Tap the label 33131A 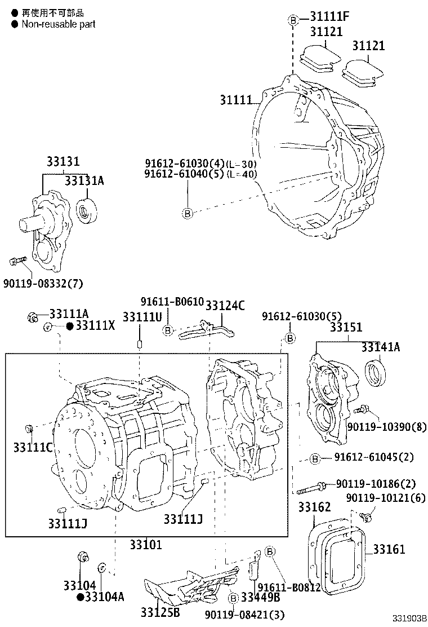click(84, 180)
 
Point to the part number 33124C click(224, 306)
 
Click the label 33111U click(142, 317)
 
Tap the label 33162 click(314, 507)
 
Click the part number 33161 click(389, 549)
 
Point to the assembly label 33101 click(145, 544)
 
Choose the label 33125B click(160, 613)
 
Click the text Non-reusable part click(58, 24)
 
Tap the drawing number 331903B click(410, 619)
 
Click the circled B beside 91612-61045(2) click(315, 459)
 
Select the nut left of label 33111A click(33, 318)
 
